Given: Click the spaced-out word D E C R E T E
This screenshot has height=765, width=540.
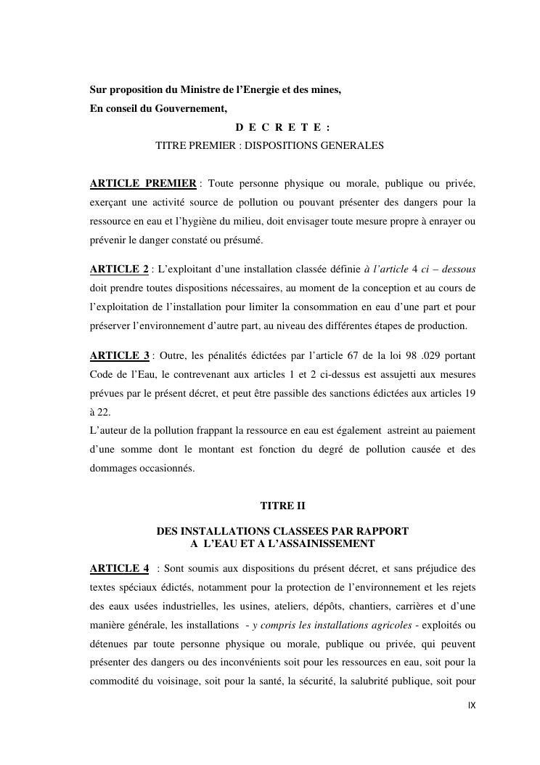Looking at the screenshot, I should tap(278, 127).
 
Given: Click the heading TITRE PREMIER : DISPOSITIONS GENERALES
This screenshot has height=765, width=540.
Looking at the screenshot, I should tap(269, 145).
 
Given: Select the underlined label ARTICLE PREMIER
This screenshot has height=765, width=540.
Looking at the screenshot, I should tap(143, 182).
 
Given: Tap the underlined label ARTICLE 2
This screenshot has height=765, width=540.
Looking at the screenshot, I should tap(119, 270).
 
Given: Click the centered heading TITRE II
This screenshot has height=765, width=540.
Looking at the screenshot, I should tap(282, 505).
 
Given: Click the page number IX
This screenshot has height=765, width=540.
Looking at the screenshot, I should tap(472, 705).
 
